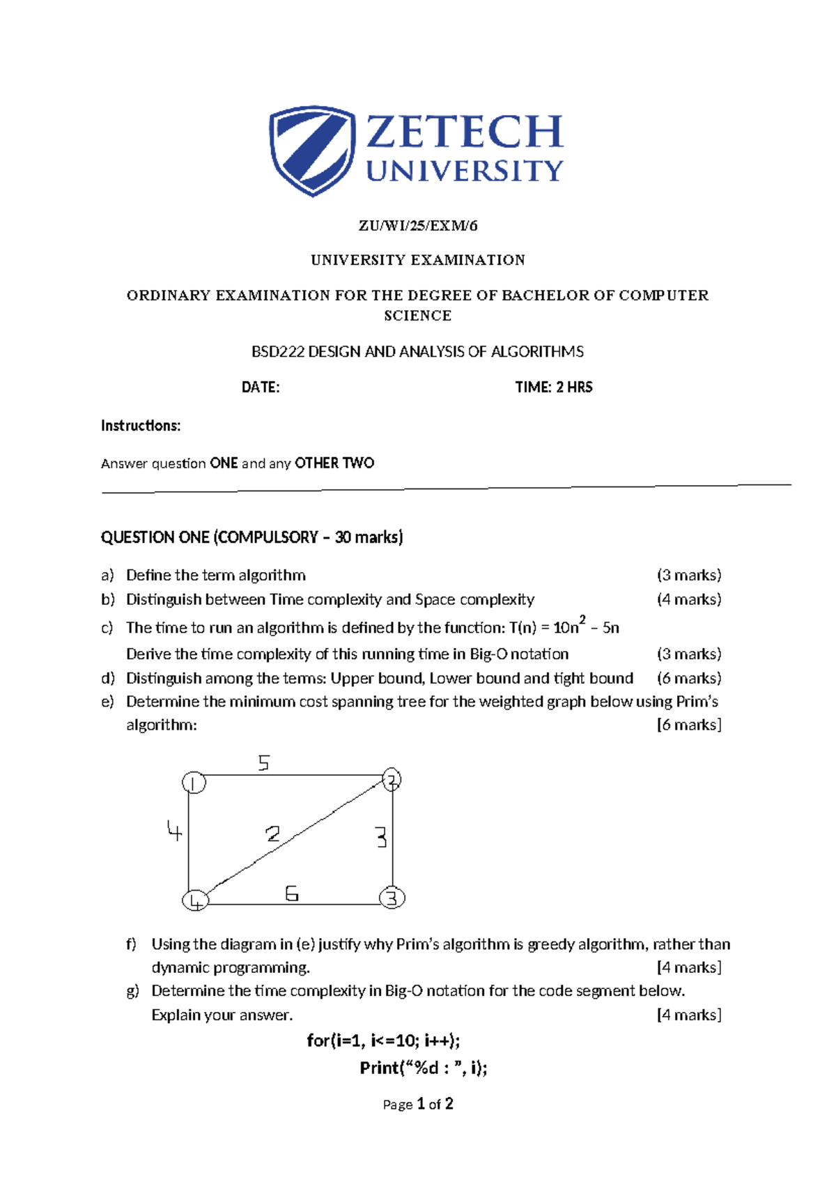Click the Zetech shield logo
click(311, 151)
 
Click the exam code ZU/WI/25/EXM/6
click(418, 226)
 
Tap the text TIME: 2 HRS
click(554, 387)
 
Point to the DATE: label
click(261, 387)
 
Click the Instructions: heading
click(141, 426)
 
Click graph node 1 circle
click(194, 783)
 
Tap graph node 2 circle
click(392, 779)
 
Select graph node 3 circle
click(392, 898)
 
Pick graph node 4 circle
click(195, 901)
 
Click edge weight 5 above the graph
click(263, 763)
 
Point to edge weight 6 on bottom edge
click(292, 893)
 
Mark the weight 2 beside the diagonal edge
click(272, 834)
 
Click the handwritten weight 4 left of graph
click(174, 830)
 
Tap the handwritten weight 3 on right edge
click(380, 836)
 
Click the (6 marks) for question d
click(688, 678)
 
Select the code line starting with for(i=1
click(383, 1041)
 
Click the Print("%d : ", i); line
click(423, 1068)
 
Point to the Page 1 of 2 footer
click(418, 1104)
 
